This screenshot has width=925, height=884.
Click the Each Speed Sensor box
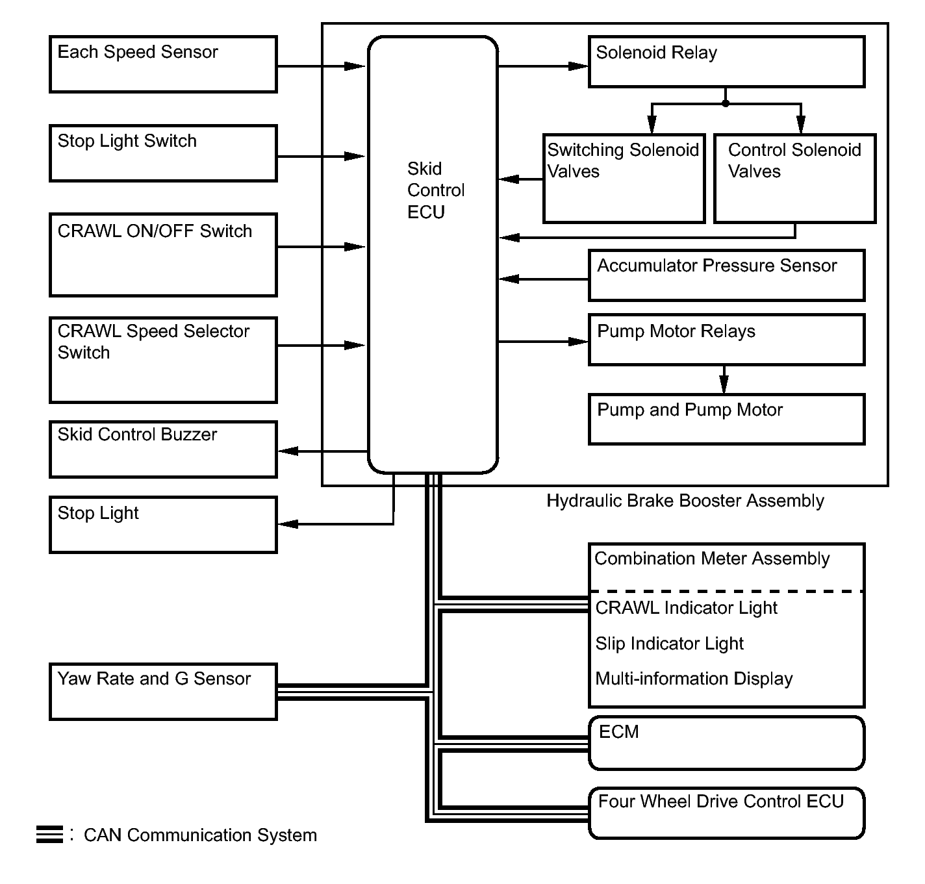(163, 64)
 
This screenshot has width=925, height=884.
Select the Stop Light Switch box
(163, 153)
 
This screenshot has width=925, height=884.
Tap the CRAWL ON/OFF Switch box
(163, 255)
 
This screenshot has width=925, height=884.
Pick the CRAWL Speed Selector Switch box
(163, 360)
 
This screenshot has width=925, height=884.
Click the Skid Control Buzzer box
(163, 449)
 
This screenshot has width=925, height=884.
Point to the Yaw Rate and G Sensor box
(163, 692)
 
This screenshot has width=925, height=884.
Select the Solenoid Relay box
(726, 62)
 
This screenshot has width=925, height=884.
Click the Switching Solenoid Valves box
(624, 179)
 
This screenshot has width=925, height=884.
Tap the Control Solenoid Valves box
(794, 179)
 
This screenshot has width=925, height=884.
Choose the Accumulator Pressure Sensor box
(726, 275)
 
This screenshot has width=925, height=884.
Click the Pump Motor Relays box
(726, 340)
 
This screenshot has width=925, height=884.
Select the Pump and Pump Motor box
(726, 419)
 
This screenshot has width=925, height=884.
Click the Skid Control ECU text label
(435, 190)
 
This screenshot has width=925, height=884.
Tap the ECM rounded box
(726, 743)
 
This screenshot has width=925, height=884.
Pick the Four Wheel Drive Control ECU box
(726, 813)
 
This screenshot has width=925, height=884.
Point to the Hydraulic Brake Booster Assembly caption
(685, 501)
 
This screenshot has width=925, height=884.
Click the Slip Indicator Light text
(669, 644)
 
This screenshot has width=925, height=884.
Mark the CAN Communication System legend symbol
(49, 835)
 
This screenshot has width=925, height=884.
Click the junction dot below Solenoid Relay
(726, 103)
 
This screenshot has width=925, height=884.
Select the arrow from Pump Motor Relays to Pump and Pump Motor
(724, 380)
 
